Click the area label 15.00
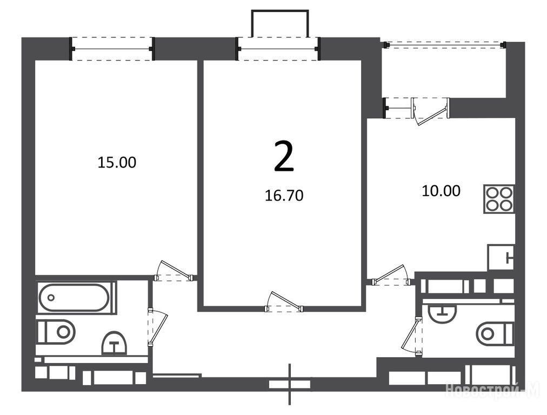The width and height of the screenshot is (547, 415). (x=117, y=163)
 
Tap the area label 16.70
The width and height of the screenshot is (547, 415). (x=284, y=196)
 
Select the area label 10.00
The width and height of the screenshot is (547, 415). (x=441, y=191)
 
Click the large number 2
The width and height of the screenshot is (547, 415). (x=284, y=156)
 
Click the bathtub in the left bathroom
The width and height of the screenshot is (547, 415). (x=75, y=298)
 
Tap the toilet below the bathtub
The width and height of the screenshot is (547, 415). (x=56, y=331)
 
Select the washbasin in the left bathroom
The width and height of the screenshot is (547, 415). (x=114, y=343)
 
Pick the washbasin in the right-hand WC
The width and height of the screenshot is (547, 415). (x=442, y=312)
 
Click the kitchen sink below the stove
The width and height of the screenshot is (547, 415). (x=501, y=257)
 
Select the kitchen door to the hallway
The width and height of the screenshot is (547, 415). (x=391, y=275)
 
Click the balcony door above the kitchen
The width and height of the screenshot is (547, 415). (x=431, y=111)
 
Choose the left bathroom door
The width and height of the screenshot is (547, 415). (x=158, y=327)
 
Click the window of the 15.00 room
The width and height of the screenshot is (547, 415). (x=112, y=49)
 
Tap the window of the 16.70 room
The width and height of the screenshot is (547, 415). (x=278, y=49)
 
